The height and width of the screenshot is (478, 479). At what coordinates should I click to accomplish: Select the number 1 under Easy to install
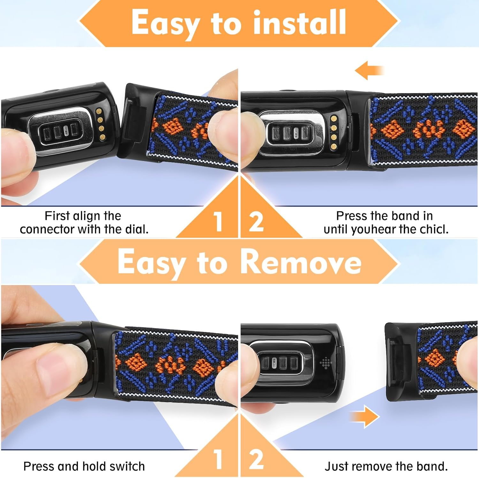218,222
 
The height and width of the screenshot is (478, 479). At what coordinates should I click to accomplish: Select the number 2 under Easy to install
256,222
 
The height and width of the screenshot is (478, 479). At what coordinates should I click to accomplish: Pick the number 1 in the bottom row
218,460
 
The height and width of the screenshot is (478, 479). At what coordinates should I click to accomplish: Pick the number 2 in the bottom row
256,460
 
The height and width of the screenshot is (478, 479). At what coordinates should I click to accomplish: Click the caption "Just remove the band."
386,466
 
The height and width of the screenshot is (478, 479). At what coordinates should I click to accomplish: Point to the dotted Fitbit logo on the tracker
325,363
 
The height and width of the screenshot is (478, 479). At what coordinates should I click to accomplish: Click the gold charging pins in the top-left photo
101,124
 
